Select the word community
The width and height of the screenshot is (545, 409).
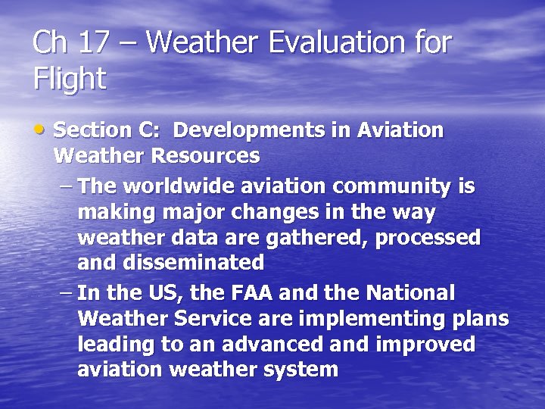[x=389, y=186]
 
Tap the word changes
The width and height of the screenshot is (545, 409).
[x=284, y=211]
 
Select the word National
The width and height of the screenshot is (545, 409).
[x=410, y=292]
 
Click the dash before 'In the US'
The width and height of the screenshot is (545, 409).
[x=66, y=293]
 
